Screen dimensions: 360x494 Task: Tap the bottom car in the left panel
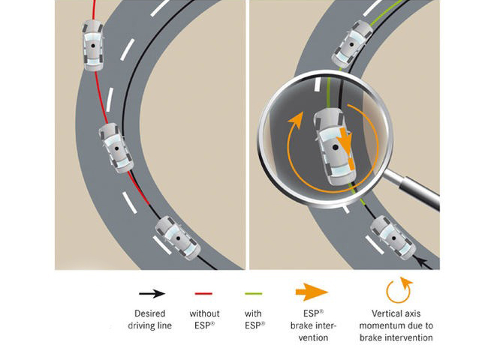(177, 238)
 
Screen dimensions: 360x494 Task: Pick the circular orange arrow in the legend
(396, 292)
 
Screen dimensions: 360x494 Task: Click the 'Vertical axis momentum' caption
(396, 325)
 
